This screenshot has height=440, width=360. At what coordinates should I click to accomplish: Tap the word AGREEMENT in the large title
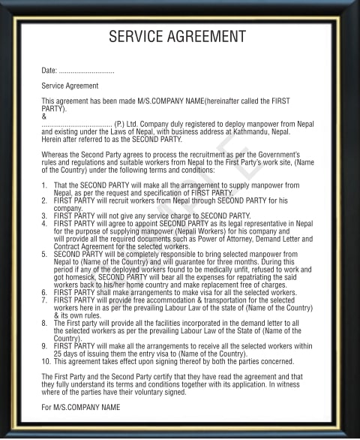[207, 36]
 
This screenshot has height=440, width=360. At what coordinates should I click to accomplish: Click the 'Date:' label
[49, 71]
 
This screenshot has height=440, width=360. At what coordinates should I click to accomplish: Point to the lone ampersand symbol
[43, 116]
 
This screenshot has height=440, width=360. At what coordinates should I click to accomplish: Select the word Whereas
[54, 155]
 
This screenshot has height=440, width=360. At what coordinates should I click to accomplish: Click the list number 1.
[44, 185]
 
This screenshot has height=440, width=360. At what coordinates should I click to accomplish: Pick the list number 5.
[44, 255]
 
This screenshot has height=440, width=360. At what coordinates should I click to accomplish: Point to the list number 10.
[46, 361]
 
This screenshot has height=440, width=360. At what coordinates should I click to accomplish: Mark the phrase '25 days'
[68, 354]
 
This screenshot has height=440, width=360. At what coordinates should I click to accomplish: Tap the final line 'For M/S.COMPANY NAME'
[80, 408]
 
